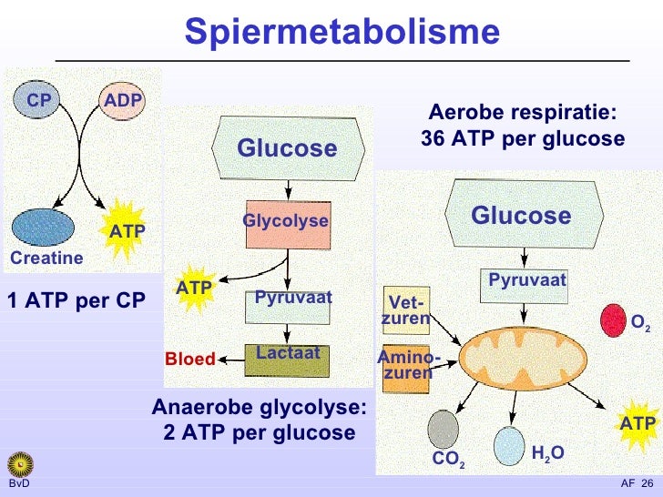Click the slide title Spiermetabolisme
tap(342, 32)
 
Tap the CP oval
tap(36, 100)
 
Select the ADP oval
tap(122, 100)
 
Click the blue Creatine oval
tap(43, 228)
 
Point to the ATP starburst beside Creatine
tap(124, 230)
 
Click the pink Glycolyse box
tap(288, 225)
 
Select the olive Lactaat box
tap(287, 360)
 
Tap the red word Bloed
tap(190, 359)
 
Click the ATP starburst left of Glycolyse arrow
tap(195, 289)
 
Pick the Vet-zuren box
tap(406, 310)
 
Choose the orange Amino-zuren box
tap(406, 369)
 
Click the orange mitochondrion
tap(523, 359)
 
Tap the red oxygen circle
tap(613, 320)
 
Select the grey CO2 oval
tap(444, 430)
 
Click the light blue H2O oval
tap(509, 446)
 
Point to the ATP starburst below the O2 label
tap(637, 424)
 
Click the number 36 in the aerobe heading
tap(433, 138)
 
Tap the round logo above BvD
tap(20, 464)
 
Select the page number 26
tap(647, 483)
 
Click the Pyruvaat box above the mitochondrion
tap(524, 286)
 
